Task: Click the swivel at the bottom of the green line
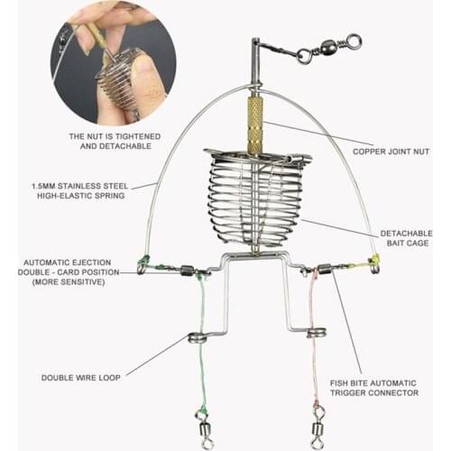point(200,420)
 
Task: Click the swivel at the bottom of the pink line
point(318,422)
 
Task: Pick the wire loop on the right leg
point(315,333)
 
